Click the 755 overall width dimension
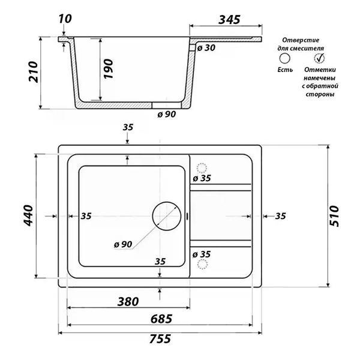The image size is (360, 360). [160, 338]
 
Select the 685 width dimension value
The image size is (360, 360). [161, 319]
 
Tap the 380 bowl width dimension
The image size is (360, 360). [128, 301]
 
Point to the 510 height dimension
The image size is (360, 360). [334, 216]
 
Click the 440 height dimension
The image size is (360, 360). [29, 215]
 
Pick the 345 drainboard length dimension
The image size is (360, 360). [229, 20]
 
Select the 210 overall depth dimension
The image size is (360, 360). [33, 71]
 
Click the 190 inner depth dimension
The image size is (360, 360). [109, 69]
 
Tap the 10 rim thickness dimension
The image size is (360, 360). [65, 19]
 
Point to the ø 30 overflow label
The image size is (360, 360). [206, 48]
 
